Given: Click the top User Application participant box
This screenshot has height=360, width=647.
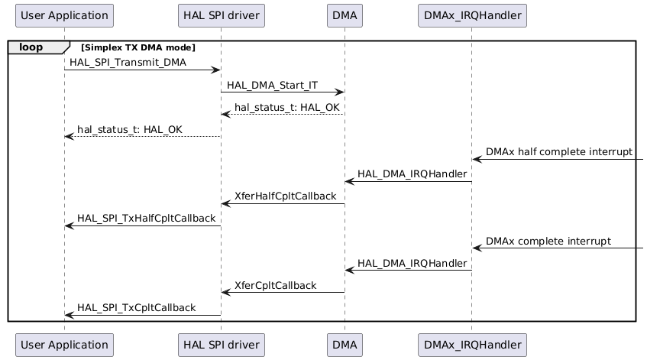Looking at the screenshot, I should [64, 15].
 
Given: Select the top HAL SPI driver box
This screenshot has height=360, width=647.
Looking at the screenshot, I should [221, 15].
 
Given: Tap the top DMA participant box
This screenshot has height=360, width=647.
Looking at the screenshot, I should [345, 15].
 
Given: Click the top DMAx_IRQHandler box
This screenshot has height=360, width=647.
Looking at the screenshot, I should [472, 15].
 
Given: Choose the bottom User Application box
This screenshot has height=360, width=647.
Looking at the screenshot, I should [64, 345].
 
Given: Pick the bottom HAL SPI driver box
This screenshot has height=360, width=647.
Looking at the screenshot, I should [221, 345].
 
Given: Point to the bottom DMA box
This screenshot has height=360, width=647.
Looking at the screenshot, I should [345, 345].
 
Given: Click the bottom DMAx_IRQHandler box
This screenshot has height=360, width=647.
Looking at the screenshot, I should [472, 345].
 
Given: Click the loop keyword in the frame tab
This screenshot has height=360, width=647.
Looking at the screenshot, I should [31, 47].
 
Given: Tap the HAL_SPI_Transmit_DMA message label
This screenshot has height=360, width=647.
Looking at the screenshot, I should [128, 62].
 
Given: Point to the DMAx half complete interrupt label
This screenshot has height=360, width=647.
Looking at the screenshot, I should [559, 151].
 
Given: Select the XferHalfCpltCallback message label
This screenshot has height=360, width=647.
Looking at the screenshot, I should [285, 196].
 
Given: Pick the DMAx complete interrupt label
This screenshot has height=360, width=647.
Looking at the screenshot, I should [548, 241].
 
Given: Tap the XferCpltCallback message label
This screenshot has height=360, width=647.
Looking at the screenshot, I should [275, 285].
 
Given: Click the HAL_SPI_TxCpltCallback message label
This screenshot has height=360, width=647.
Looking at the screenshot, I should [136, 307].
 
